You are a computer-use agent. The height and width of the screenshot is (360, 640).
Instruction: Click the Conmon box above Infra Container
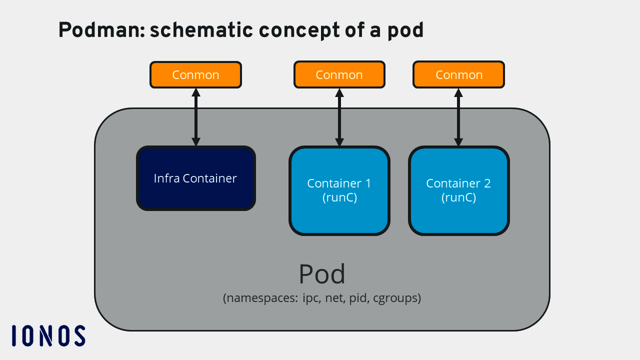pyautogui.click(x=195, y=75)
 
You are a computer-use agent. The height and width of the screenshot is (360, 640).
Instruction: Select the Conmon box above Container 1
pyautogui.click(x=339, y=75)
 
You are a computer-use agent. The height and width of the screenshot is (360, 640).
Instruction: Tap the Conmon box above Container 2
pyautogui.click(x=458, y=75)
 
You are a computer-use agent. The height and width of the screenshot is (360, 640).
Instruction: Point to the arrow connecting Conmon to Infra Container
pyautogui.click(x=196, y=117)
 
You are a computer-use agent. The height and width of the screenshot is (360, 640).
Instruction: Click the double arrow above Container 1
pyautogui.click(x=339, y=117)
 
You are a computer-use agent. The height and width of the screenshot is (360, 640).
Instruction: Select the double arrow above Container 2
pyautogui.click(x=458, y=117)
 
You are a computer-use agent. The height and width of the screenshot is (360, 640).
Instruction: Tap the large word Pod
pyautogui.click(x=322, y=274)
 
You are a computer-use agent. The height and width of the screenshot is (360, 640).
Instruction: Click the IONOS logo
pyautogui.click(x=48, y=335)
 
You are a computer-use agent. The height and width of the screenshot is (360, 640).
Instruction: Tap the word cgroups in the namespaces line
pyautogui.click(x=397, y=298)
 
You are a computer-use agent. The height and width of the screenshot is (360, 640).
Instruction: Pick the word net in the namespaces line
pyautogui.click(x=334, y=298)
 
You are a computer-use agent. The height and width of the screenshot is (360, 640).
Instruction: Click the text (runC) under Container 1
pyautogui.click(x=339, y=197)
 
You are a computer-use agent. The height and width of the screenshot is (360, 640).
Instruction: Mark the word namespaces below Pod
pyautogui.click(x=262, y=298)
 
